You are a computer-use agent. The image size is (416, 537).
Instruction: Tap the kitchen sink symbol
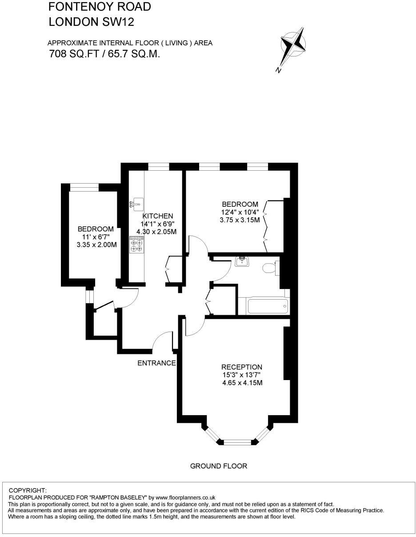[x=136, y=204]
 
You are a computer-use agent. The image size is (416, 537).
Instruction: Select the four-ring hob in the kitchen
[x=136, y=244]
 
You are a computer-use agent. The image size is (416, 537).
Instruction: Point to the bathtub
[x=267, y=306]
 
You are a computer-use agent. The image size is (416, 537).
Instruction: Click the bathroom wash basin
[x=241, y=261]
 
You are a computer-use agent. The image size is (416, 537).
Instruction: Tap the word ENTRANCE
[x=156, y=363]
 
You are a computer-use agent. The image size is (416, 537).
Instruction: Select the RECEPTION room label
[x=242, y=367]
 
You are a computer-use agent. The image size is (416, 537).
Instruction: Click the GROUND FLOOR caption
[x=218, y=466]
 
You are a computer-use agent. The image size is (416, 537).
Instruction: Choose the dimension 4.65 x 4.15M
[x=242, y=382]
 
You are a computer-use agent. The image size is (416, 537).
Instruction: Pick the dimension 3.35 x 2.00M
[x=97, y=244]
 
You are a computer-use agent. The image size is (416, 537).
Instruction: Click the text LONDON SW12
[x=91, y=21]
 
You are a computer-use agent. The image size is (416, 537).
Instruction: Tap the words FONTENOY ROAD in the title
[x=100, y=7]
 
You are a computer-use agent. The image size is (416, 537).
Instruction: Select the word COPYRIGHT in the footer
[x=28, y=490]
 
